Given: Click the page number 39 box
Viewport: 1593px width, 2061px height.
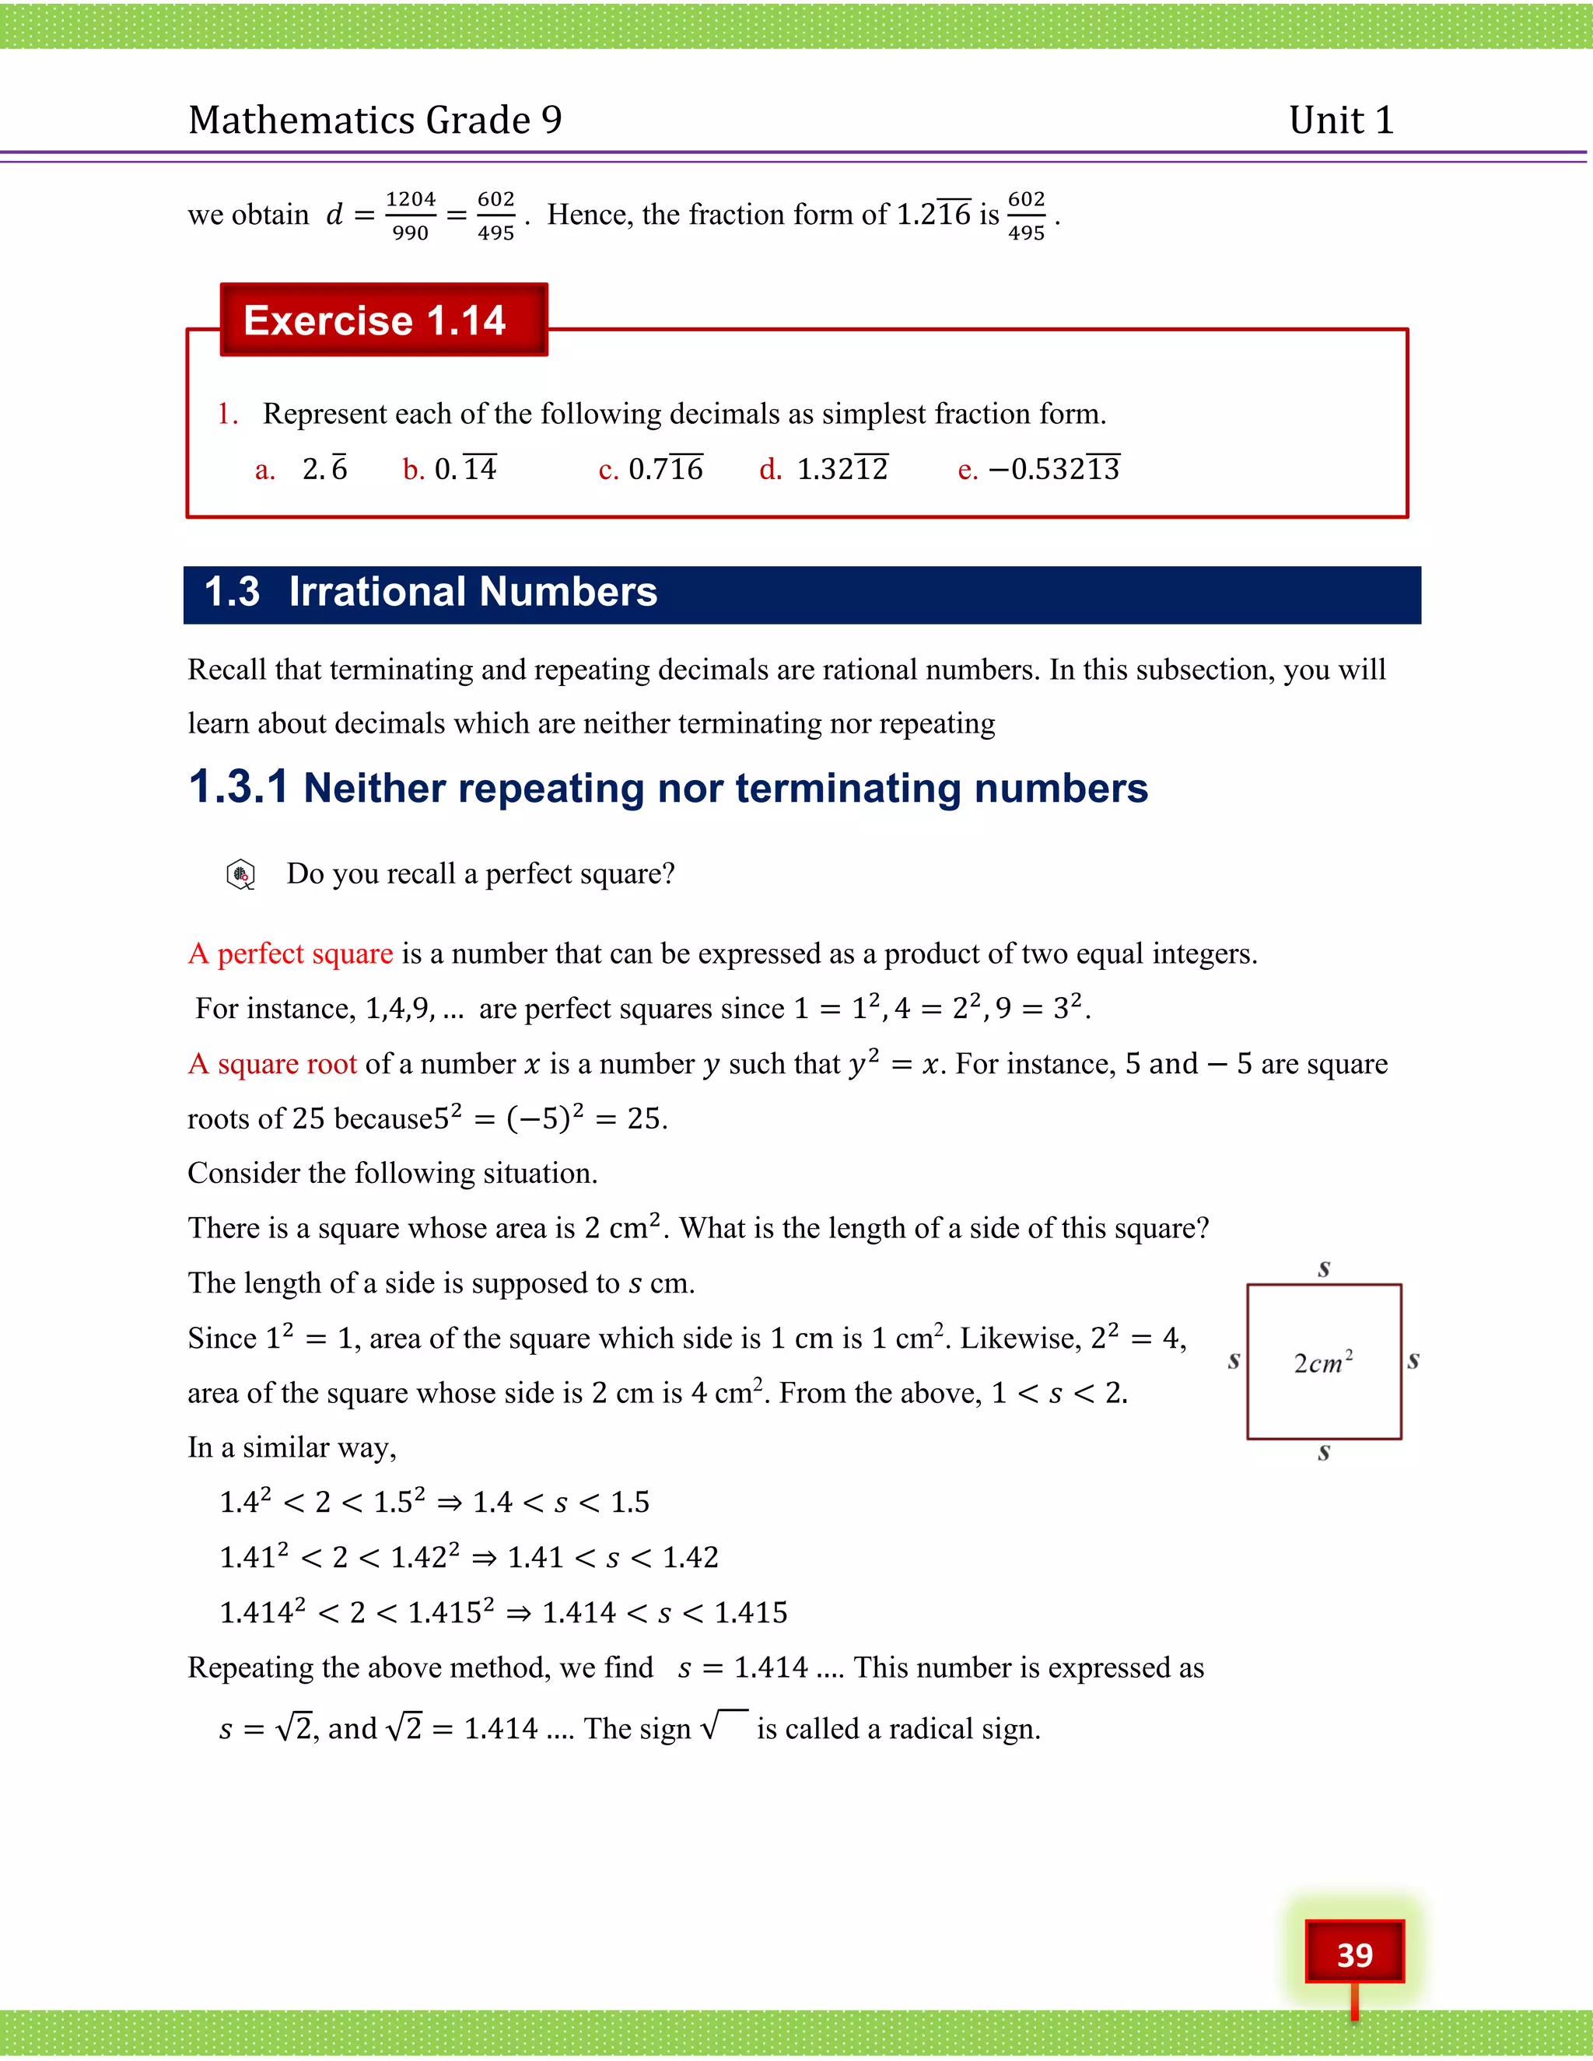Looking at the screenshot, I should click(x=1354, y=1954).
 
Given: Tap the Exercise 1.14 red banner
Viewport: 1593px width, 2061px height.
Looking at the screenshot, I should click(x=383, y=320).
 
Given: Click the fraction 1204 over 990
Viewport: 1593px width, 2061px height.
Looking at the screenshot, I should click(x=411, y=216).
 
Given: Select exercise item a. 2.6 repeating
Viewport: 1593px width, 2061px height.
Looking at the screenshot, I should click(x=302, y=469).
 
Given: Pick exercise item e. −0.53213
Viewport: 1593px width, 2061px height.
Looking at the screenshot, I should click(x=1039, y=469).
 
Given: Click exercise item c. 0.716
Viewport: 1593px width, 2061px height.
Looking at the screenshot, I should click(x=651, y=469).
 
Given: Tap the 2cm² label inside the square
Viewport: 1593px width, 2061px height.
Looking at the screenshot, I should click(x=1323, y=1362).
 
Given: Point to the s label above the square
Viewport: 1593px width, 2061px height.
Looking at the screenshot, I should click(x=1324, y=1268).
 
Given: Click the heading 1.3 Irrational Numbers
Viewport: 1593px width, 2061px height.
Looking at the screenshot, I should click(x=430, y=593).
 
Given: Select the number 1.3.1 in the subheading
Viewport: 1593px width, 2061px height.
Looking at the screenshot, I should click(x=238, y=786).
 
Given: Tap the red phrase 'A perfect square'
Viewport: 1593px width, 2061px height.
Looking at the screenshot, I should click(x=291, y=954).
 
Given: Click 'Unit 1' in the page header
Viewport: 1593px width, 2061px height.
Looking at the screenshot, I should click(x=1341, y=120).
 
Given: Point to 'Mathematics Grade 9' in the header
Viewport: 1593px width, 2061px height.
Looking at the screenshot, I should click(x=375, y=120).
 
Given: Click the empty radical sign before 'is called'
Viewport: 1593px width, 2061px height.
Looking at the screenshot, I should click(x=724, y=1726).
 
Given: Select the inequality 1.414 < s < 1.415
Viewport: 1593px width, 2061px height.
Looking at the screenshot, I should click(x=664, y=1611).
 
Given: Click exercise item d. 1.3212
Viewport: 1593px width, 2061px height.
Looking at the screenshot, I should click(x=824, y=469).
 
